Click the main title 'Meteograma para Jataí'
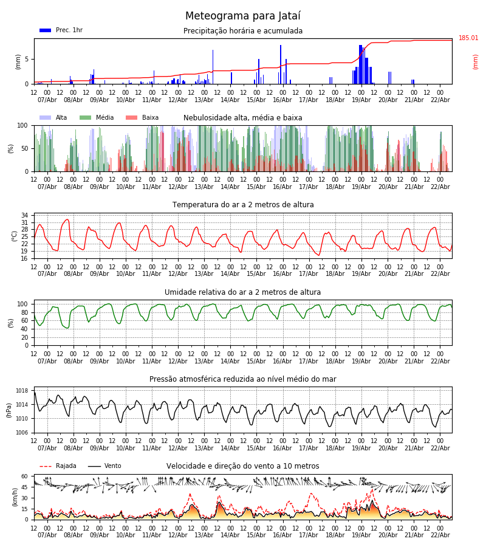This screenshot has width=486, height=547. click(x=243, y=16)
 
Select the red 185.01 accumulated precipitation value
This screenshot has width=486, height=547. click(x=468, y=38)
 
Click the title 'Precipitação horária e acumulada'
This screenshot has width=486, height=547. click(x=243, y=31)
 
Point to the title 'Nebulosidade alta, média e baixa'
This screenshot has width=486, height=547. click(x=243, y=118)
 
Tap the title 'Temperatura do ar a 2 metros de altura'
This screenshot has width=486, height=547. click(x=243, y=205)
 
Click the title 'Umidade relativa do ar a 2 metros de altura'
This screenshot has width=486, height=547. click(x=243, y=292)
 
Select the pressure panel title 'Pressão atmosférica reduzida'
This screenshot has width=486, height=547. click(x=243, y=379)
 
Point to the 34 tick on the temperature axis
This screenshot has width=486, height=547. click(x=24, y=215)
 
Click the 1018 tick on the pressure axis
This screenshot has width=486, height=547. click(x=22, y=391)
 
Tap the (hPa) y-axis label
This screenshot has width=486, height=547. click(x=9, y=410)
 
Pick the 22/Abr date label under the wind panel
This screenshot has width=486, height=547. click(x=440, y=535)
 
